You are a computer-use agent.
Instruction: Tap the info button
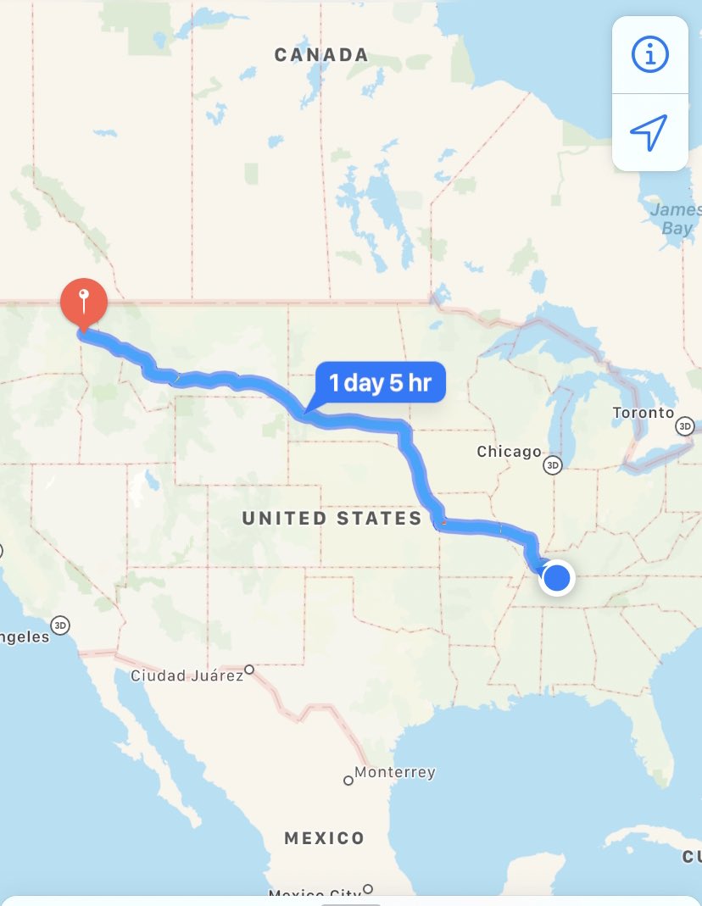pos(650,55)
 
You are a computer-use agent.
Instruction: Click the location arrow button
pos(649,133)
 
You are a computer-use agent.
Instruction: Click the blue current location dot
pos(557,579)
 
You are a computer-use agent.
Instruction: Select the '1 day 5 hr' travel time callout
pos(381,383)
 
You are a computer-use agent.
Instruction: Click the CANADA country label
pos(321,55)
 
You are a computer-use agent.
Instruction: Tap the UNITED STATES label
pos(331,519)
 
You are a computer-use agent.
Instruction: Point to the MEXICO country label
pos(324,838)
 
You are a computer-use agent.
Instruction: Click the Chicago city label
pos(509,452)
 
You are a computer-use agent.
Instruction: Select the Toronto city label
pos(643,413)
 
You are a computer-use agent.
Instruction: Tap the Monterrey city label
pos(395,772)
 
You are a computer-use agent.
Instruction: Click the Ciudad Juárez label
pos(186,675)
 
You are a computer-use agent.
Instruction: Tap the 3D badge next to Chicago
pos(553,465)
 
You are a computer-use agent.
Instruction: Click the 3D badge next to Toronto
pos(684,426)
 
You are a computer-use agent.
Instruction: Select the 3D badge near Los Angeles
pos(59,625)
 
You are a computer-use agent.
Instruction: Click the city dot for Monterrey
pos(348,781)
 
